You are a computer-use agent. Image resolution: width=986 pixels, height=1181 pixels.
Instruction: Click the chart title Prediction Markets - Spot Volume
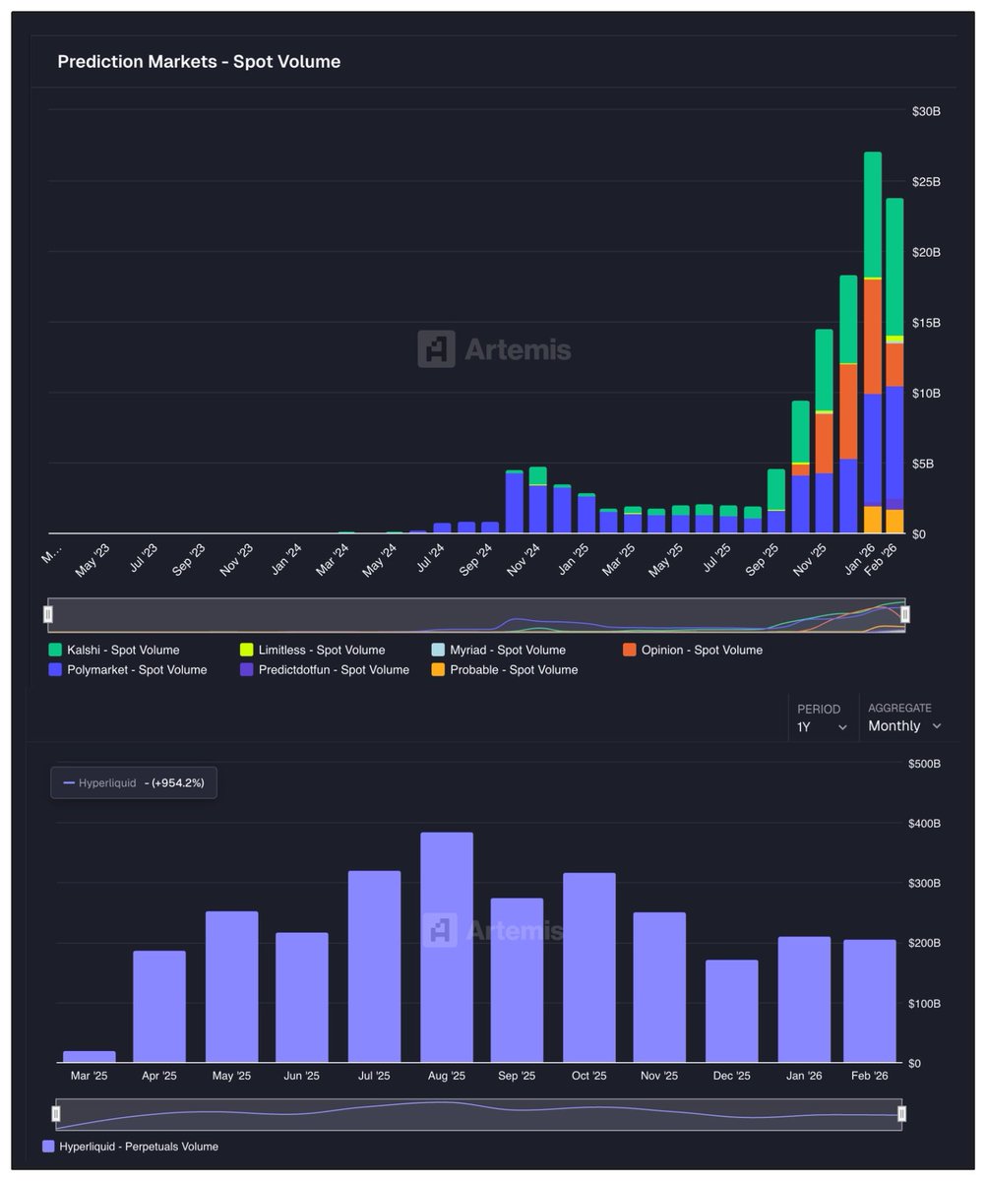(199, 62)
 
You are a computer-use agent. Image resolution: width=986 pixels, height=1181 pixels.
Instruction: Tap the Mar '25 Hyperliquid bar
(90, 1057)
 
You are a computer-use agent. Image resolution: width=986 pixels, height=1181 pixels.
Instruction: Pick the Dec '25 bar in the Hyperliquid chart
(732, 1011)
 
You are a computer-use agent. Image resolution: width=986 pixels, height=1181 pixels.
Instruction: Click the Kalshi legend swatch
(55, 650)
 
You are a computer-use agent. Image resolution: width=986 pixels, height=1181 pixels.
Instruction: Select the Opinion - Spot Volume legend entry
(701, 650)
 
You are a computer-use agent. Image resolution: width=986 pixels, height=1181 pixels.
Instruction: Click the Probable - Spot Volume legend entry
(513, 670)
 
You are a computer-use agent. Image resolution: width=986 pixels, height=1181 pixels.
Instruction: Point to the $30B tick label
(926, 112)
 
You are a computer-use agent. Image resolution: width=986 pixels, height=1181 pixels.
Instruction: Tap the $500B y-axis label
(924, 764)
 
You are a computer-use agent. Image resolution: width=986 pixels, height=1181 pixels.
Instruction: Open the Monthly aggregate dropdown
(904, 726)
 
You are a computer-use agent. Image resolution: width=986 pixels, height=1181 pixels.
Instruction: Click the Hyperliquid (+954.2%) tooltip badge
(134, 783)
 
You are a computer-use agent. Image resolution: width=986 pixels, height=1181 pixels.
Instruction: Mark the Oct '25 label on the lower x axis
(588, 1076)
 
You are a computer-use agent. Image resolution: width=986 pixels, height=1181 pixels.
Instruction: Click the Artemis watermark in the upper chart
(494, 349)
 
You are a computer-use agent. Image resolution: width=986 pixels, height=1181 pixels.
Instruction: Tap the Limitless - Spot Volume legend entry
(321, 650)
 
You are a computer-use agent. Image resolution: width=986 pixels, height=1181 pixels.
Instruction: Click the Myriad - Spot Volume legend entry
(507, 650)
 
